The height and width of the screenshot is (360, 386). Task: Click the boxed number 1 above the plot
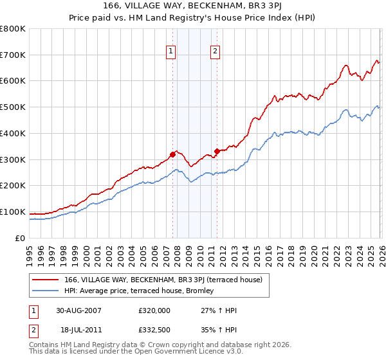tap(172, 52)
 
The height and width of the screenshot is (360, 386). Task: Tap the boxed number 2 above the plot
tap(215, 52)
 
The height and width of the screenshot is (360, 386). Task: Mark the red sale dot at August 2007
tap(172, 154)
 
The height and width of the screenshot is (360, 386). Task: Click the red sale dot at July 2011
tap(217, 151)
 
